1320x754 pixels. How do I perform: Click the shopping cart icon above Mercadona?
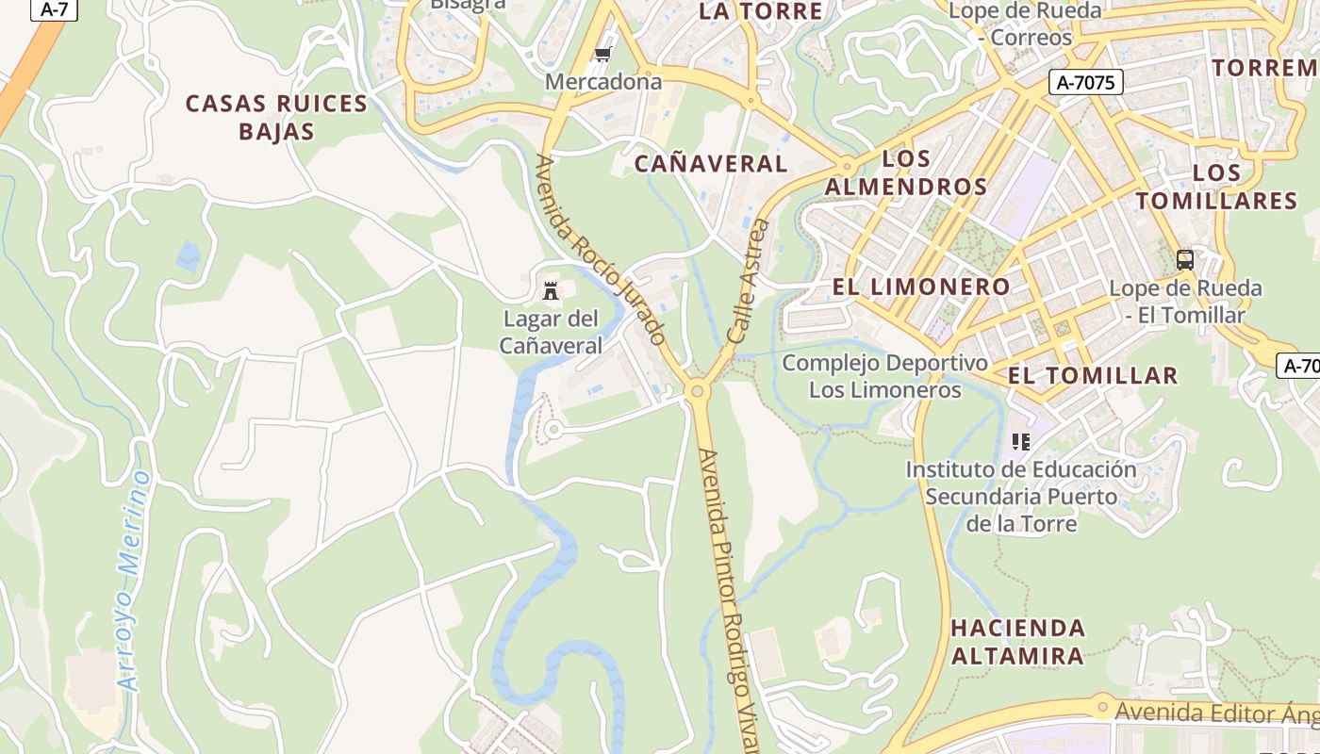tap(603, 54)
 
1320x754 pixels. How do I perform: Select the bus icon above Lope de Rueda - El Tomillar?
tap(1185, 259)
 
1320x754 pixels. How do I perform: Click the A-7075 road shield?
tap(1086, 82)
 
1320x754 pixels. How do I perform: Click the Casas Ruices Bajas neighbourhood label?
tap(276, 117)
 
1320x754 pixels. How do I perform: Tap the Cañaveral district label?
tap(711, 163)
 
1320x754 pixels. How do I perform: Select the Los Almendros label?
tap(906, 172)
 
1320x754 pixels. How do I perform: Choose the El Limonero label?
tap(921, 287)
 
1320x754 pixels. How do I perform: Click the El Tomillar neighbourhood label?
tap(1093, 375)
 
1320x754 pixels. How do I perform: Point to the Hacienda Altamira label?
tap(1017, 641)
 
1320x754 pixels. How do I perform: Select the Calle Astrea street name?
tap(750, 281)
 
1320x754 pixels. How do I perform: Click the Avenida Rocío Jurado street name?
tap(601, 250)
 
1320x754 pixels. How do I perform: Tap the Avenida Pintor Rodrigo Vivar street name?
tap(729, 594)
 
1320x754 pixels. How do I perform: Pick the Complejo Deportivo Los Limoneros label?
tap(885, 376)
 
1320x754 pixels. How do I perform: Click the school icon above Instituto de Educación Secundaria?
tap(1020, 441)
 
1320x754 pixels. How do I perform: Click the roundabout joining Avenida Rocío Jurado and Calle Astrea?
tap(697, 390)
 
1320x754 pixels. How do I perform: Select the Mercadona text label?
tap(603, 82)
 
